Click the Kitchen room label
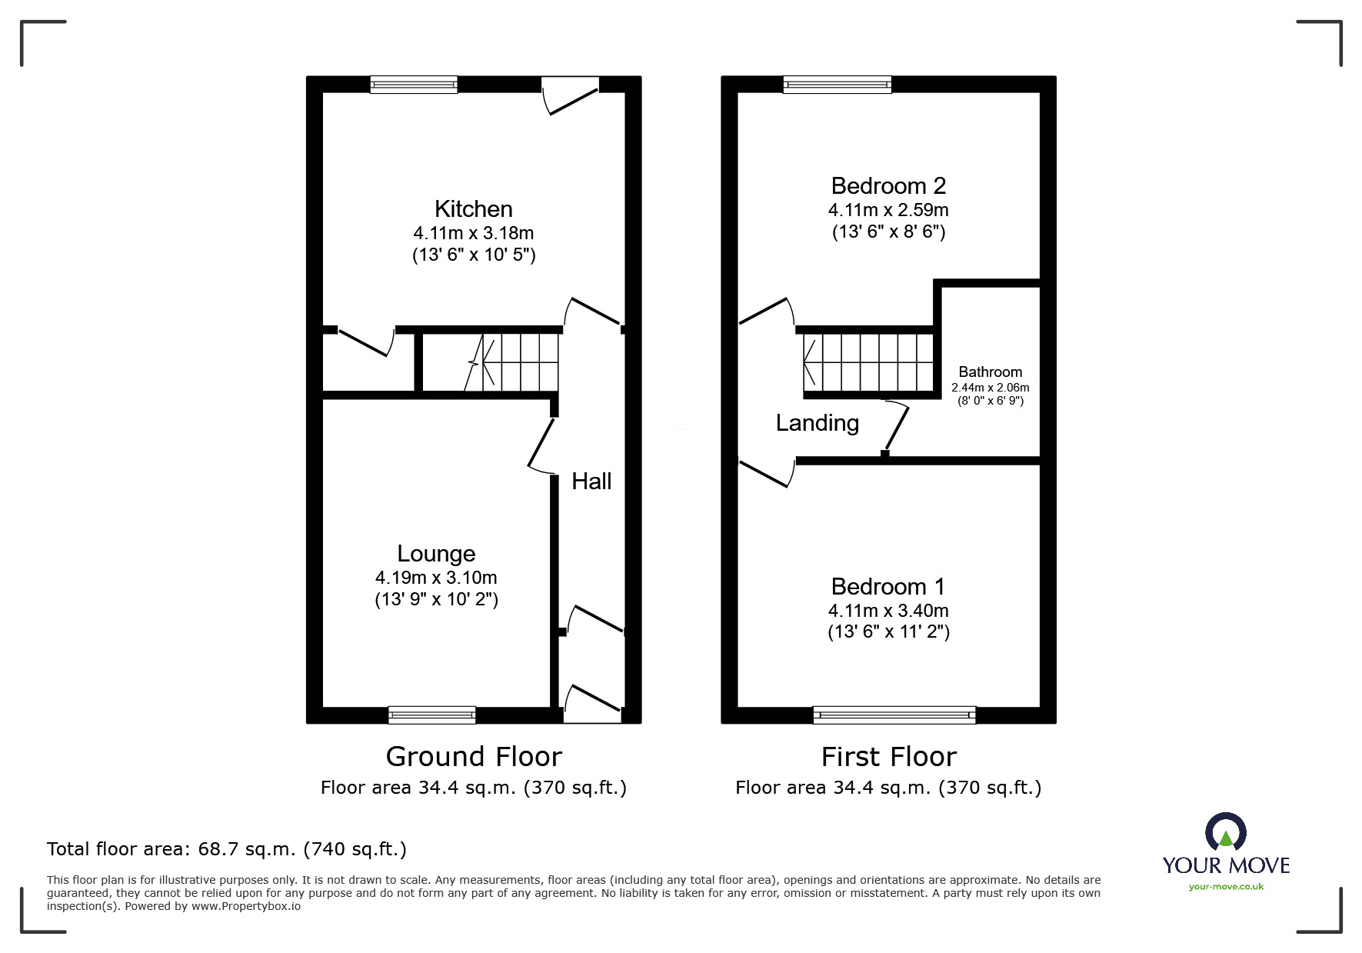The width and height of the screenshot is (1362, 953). coord(473,209)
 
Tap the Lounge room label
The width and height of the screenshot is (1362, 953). coord(436,554)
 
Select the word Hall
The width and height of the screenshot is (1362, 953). coord(591,481)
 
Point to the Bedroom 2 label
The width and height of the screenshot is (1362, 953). coord(888,186)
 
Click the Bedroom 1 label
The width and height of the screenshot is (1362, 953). coord(888,587)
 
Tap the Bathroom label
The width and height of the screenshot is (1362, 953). coord(991,372)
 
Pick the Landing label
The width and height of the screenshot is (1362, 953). coord(818,423)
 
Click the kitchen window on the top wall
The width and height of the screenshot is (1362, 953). coord(414,85)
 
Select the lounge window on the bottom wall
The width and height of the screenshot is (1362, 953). coord(431,715)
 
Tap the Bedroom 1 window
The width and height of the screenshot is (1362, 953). coord(894,715)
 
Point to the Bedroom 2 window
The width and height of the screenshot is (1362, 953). coord(838,85)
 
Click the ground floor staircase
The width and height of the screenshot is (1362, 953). coord(511,362)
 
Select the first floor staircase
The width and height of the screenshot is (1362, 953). coord(869,362)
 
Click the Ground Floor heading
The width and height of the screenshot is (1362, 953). coord(474,757)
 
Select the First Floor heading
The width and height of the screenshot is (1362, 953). coord(889,757)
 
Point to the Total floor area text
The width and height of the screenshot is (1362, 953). coord(227,849)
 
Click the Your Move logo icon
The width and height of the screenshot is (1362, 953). coord(1225,832)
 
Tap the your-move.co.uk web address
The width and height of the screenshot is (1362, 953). coord(1226,887)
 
